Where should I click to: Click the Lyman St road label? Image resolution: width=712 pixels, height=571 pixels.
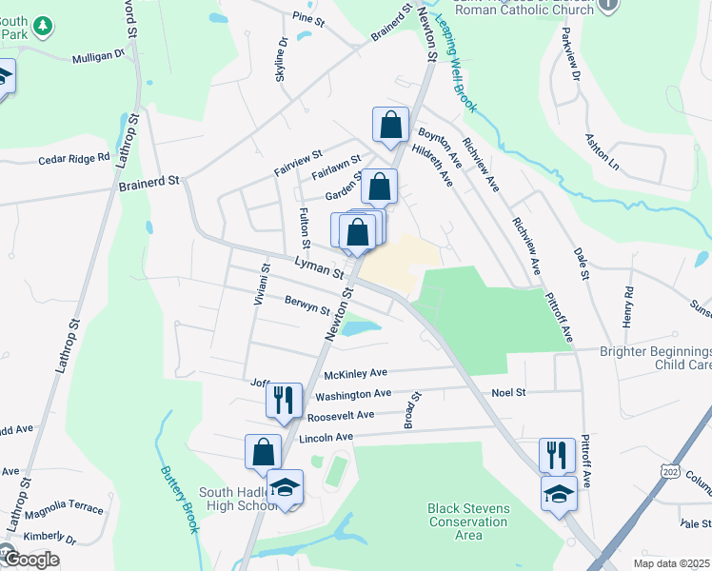[x=319, y=266]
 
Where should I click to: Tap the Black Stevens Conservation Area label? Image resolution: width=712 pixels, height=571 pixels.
[x=468, y=522]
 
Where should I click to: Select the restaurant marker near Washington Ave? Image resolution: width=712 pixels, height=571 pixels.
[x=284, y=401]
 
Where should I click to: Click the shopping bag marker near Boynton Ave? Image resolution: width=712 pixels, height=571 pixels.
[x=390, y=124]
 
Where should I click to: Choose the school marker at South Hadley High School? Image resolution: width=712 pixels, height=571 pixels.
[x=285, y=487]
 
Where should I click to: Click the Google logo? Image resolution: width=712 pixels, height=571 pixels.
[x=31, y=559]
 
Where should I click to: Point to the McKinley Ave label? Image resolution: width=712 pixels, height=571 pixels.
[x=355, y=374]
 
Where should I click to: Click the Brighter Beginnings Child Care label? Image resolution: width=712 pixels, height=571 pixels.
[x=656, y=358]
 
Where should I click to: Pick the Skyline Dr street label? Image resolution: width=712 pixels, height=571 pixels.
[x=282, y=59]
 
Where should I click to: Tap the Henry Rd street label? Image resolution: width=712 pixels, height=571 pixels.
[x=628, y=307]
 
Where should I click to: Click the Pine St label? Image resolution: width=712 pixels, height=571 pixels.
[x=304, y=17]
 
